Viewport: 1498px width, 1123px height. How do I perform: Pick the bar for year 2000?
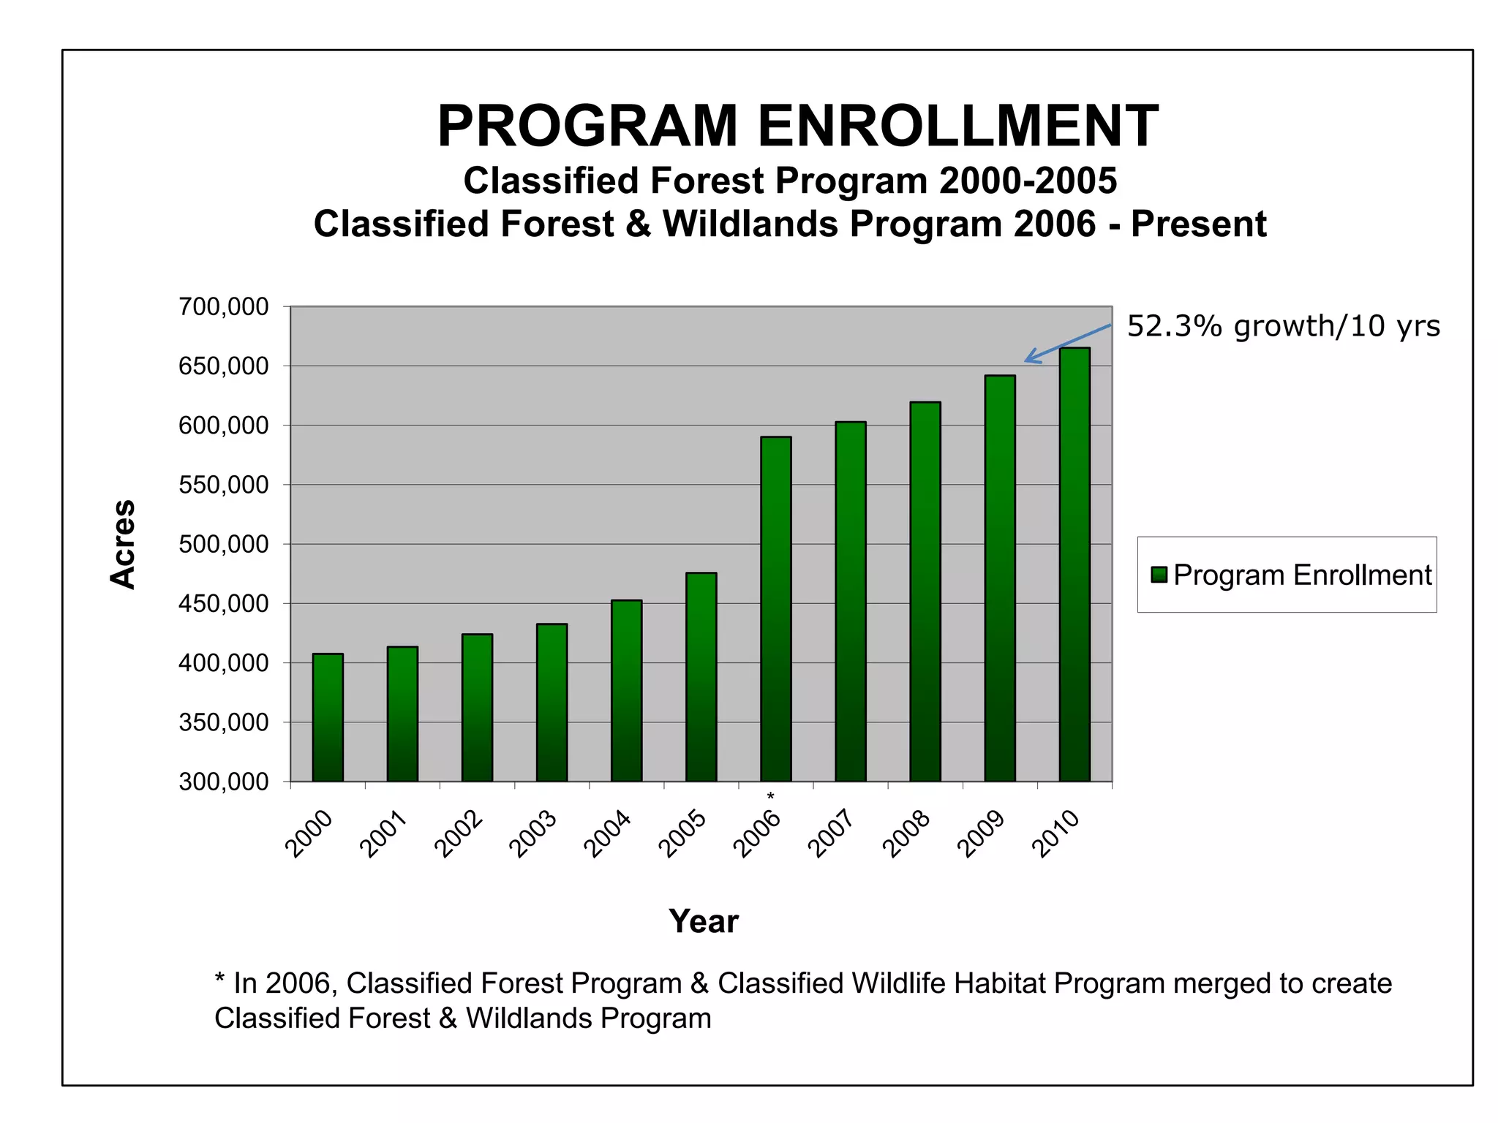[328, 717]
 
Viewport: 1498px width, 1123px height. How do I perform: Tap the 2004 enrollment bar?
[626, 691]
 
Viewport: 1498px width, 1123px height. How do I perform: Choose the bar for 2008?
[925, 591]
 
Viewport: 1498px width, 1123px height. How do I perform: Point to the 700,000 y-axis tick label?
[224, 307]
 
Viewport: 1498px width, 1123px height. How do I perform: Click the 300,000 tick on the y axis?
[224, 782]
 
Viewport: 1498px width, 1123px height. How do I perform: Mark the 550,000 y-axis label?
[224, 485]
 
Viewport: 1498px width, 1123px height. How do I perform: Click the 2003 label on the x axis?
[534, 834]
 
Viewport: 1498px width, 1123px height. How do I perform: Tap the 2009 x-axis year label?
[982, 834]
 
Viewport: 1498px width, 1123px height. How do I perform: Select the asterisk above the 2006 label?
[770, 796]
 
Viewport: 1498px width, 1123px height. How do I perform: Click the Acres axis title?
[123, 544]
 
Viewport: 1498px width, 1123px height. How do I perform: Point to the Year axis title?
[704, 921]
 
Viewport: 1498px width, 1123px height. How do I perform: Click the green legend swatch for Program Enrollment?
[1159, 575]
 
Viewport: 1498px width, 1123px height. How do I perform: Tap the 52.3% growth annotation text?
[1283, 326]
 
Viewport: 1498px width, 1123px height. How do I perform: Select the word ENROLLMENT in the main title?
[957, 126]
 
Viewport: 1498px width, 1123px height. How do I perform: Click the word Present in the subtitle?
[1198, 224]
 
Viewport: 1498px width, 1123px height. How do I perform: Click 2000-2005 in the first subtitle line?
[1028, 181]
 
